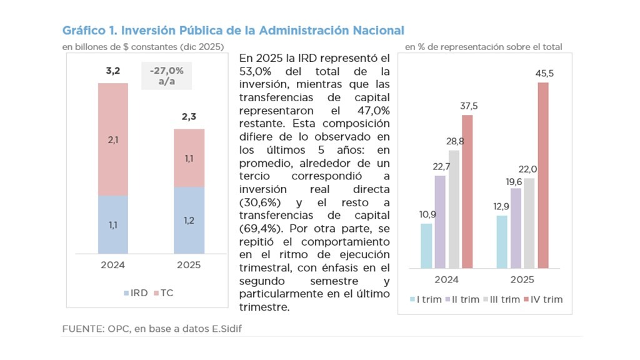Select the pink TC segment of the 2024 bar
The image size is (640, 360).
(113, 139)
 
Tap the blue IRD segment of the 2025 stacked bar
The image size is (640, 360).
(189, 220)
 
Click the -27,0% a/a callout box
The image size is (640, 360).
(166, 76)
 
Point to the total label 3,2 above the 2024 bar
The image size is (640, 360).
(113, 69)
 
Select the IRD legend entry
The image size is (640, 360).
(136, 292)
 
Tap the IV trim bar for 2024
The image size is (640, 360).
(467, 191)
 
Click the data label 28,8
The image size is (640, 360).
(454, 140)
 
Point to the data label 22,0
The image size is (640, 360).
(529, 169)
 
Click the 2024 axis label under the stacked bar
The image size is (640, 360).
(113, 264)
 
